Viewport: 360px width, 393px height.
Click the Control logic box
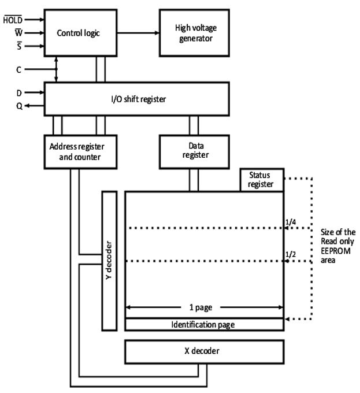pos(79,32)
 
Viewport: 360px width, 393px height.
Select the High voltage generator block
pos(194,32)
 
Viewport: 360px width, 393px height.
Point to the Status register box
pos(262,180)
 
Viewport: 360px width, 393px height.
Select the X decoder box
pos(204,350)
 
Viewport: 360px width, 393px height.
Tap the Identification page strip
pos(203,324)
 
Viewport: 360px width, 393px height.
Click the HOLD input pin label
pos(12,19)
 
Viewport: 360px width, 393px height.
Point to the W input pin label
pos(18,32)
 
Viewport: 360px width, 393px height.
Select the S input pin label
pos(18,46)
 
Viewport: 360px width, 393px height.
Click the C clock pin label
pos(19,69)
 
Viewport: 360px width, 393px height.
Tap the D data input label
pos(19,92)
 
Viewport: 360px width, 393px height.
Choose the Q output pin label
pos(19,106)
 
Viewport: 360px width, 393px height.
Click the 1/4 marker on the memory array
pos(291,221)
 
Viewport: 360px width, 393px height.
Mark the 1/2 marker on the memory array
pos(291,254)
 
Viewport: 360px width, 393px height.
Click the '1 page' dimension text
pos(204,307)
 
